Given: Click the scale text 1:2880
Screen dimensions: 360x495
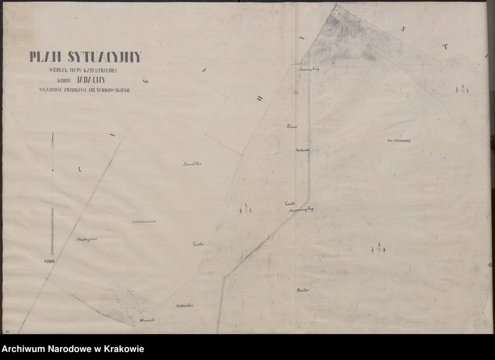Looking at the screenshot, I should pyautogui.click(x=50, y=261).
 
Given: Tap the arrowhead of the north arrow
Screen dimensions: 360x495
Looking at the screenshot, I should pyautogui.click(x=53, y=139).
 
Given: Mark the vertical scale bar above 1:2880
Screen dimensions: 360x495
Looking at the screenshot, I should pyautogui.click(x=53, y=231).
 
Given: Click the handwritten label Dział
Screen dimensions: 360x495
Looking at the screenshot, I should pyautogui.click(x=292, y=126).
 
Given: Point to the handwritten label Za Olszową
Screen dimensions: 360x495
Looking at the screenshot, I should pyautogui.click(x=398, y=140).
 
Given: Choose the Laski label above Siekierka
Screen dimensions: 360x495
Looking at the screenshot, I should pyautogui.click(x=199, y=244).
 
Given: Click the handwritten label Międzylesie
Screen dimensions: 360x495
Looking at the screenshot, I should pyautogui.click(x=87, y=239).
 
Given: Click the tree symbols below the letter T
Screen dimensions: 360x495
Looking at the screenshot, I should pyautogui.click(x=462, y=90).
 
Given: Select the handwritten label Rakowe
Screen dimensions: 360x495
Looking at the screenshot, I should pyautogui.click(x=303, y=289).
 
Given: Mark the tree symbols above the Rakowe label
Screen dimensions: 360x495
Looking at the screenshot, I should pyautogui.click(x=378, y=249).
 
